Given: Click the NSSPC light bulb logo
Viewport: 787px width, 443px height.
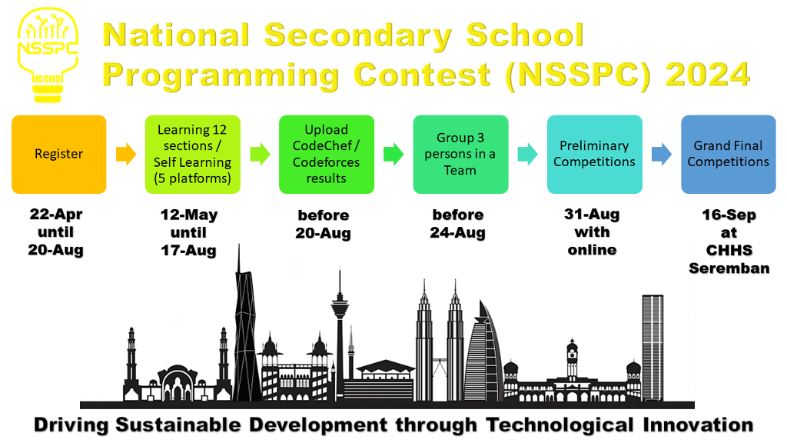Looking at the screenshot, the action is tap(48, 55).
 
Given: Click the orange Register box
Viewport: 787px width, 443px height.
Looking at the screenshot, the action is tap(58, 154).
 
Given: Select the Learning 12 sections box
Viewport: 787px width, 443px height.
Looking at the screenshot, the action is tap(193, 154).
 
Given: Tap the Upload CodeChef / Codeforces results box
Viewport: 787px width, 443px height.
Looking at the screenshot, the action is tap(327, 154).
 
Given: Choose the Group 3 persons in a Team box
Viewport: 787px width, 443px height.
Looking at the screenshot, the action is tap(461, 154).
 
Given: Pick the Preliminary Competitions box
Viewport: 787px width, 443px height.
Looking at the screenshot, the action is tap(595, 154).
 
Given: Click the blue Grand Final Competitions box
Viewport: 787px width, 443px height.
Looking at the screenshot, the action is tap(729, 154).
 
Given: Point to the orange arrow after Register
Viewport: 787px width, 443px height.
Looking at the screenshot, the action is tap(126, 154).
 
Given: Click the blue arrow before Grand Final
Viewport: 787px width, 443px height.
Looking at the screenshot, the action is tap(662, 154).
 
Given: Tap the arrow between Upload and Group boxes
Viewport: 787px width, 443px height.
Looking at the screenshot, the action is tap(393, 154).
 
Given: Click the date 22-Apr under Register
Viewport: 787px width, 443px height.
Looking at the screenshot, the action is tap(55, 215).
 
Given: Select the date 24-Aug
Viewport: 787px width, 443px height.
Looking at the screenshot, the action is tap(458, 233).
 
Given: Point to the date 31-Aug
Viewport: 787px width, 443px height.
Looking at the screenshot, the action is tap(592, 215).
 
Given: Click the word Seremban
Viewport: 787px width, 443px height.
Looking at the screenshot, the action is tap(729, 268).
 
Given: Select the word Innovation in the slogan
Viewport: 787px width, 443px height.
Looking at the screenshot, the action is tap(698, 425).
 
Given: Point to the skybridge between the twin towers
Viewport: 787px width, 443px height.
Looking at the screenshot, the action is tap(440, 361).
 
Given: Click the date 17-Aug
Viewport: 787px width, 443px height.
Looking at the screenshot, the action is tap(188, 251).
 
